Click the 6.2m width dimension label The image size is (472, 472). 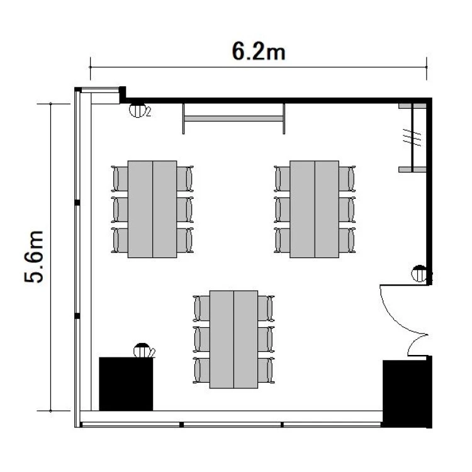click(x=259, y=52)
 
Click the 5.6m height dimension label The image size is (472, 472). click(x=34, y=257)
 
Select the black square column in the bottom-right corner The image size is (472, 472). click(x=407, y=393)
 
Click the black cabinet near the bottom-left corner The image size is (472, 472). click(x=126, y=384)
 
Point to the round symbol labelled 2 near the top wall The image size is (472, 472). click(x=138, y=110)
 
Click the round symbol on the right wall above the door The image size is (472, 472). click(x=419, y=273)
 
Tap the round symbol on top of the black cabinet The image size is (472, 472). click(x=142, y=350)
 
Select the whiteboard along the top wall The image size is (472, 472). click(x=233, y=118)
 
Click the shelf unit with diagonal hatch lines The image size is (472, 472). click(x=412, y=138)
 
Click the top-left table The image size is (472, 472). click(x=152, y=209)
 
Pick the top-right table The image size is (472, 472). click(x=314, y=209)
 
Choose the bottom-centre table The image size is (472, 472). click(x=233, y=339)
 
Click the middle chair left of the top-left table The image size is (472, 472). click(x=120, y=209)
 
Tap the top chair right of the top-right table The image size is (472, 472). click(x=347, y=179)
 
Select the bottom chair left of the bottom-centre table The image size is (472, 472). click(x=201, y=370)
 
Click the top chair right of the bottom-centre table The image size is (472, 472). click(x=266, y=308)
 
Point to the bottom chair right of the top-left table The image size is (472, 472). click(x=185, y=240)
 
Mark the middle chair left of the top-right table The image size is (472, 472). click(x=283, y=209)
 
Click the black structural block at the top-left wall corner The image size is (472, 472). click(x=123, y=94)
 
